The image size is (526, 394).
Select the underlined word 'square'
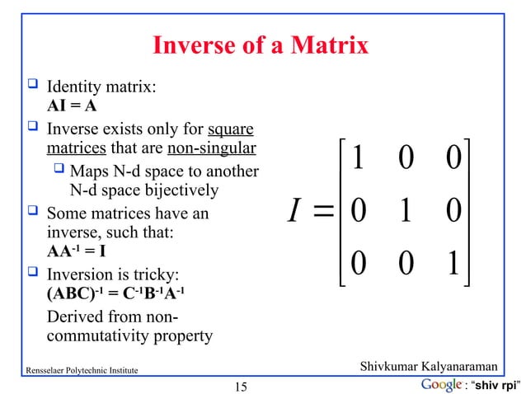230,129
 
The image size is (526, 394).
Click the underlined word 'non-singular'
211,149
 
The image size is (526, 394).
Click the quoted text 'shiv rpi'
498,386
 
